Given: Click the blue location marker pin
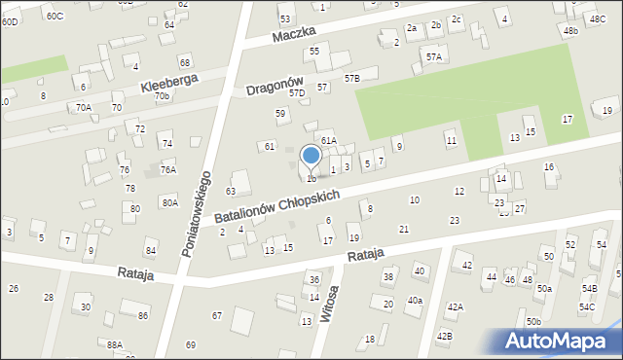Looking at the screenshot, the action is tap(311, 158).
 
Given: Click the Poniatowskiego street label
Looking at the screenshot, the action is tap(197, 215).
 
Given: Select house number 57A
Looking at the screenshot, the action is tap(433, 57).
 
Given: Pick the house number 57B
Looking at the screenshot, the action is tap(351, 77).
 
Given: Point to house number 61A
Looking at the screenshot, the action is tap(328, 141).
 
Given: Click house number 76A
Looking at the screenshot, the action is tap(168, 169).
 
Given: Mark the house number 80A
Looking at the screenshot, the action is tap(169, 202).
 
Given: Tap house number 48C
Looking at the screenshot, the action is tap(597, 18).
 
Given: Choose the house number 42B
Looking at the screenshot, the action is tap(444, 336).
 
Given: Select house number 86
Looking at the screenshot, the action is tap(143, 315).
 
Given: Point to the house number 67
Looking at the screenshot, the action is tap(217, 315).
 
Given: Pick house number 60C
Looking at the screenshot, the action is tap(55, 17).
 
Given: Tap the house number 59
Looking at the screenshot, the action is tap(280, 114).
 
